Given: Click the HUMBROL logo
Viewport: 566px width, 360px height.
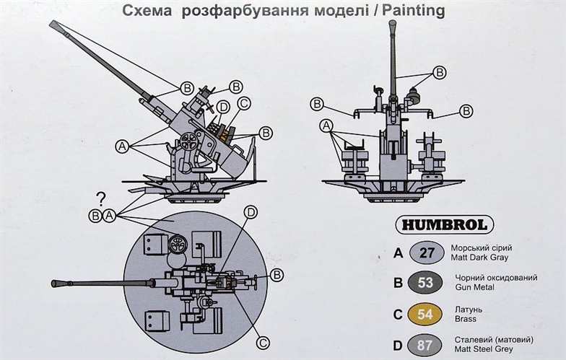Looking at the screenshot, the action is (445, 225).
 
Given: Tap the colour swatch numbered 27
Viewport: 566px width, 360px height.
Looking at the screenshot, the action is (427, 253).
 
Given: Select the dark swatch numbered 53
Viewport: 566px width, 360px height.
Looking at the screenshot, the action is (425, 283).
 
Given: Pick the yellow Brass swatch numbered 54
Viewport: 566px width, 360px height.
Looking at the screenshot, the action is (425, 315).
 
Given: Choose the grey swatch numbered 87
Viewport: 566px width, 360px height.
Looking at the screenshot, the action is (425, 346).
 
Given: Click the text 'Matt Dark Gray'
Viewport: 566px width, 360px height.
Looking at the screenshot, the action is (479, 258).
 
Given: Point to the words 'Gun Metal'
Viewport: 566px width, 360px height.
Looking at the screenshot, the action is (475, 287).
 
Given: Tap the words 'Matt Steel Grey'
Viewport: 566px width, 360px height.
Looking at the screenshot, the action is (484, 349).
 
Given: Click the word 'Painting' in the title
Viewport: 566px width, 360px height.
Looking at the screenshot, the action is (414, 11).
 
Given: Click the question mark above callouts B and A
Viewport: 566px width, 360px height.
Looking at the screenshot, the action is (101, 199).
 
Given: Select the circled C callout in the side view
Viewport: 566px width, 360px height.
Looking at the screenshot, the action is (244, 104).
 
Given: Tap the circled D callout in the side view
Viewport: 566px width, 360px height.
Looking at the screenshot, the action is (224, 107).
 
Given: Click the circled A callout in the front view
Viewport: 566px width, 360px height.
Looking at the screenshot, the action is (326, 126).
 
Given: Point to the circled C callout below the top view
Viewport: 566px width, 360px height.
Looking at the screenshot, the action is (263, 343).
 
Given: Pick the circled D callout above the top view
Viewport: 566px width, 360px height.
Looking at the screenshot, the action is (251, 212).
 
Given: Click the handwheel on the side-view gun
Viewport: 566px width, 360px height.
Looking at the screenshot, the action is (189, 141).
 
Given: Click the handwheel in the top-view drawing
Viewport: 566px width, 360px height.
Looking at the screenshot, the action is (178, 244).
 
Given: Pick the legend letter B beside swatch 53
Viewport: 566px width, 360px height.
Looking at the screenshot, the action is (398, 283).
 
